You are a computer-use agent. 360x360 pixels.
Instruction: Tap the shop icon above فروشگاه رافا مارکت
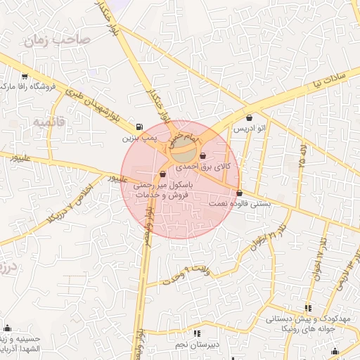[x=25, y=77]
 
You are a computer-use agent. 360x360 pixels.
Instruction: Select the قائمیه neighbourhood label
[x=48, y=122]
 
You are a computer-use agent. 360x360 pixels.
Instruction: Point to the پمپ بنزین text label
[x=139, y=139]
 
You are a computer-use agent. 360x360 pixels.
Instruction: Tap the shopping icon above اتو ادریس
[x=251, y=118]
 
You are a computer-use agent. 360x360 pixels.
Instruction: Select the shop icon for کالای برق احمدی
[x=203, y=156]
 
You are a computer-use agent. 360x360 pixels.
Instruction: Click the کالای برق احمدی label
[x=202, y=167]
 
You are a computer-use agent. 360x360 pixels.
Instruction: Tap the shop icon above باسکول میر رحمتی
[x=162, y=174]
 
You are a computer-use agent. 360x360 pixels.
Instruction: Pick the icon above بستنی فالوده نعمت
[x=239, y=193]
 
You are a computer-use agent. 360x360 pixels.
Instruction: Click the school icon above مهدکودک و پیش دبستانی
[x=308, y=308]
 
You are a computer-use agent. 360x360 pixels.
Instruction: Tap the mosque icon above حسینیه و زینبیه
[x=7, y=328]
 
